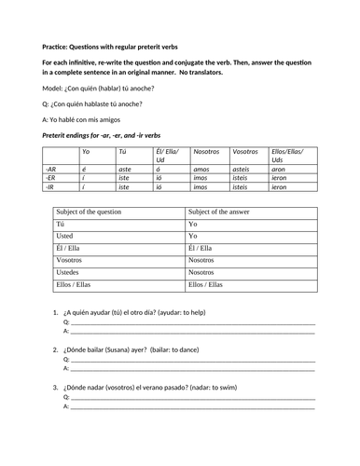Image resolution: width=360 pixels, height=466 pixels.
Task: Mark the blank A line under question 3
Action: pyautogui.click(x=191, y=407)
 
